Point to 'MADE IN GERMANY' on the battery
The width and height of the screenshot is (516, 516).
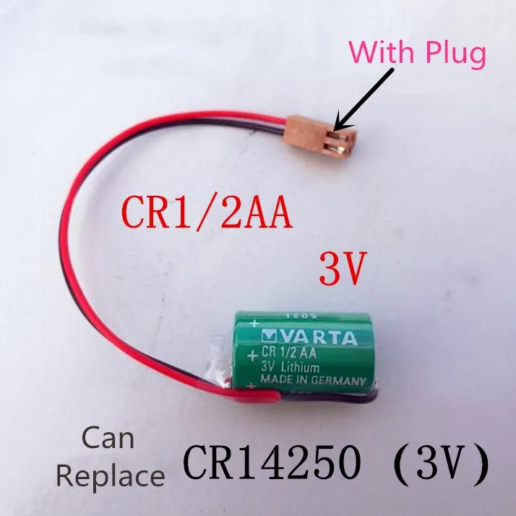tap(310, 380)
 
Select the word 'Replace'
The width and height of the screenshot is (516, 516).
tap(110, 476)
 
